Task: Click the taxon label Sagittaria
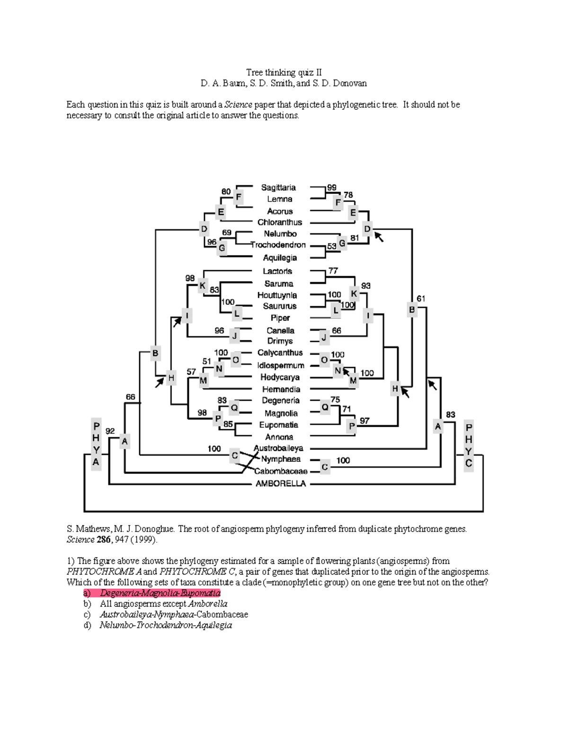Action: pyautogui.click(x=278, y=187)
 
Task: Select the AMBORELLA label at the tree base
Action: pyautogui.click(x=281, y=483)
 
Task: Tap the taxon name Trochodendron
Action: pyautogui.click(x=278, y=245)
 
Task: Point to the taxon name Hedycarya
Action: pyautogui.click(x=280, y=377)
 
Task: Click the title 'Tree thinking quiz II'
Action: pyautogui.click(x=284, y=72)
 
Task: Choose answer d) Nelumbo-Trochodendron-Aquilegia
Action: pyautogui.click(x=166, y=625)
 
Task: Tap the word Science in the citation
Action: pyautogui.click(x=80, y=540)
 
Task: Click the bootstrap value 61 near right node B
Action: pyautogui.click(x=421, y=299)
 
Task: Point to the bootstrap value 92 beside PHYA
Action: pyautogui.click(x=110, y=431)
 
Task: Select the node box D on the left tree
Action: pyautogui.click(x=204, y=229)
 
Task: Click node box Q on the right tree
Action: pyautogui.click(x=325, y=407)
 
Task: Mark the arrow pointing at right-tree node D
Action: pyautogui.click(x=379, y=237)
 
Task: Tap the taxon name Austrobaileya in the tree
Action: pyautogui.click(x=278, y=448)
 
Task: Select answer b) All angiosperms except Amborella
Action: pyautogui.click(x=163, y=604)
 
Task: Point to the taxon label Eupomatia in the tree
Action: pyautogui.click(x=278, y=425)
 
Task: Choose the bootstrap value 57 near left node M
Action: pyautogui.click(x=191, y=372)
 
